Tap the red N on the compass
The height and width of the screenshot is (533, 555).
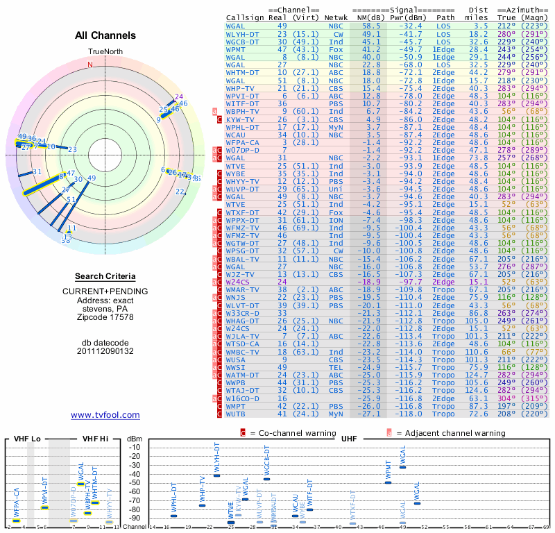[89, 65]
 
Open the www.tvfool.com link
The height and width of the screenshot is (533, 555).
[105, 415]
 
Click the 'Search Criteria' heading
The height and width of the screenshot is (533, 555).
[105, 276]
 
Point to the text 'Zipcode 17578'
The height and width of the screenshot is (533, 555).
[105, 317]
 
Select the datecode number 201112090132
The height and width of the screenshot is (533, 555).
[105, 351]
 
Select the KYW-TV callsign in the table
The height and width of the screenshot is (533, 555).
[241, 119]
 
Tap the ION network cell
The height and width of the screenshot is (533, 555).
[338, 220]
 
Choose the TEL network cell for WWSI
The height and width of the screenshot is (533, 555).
[338, 366]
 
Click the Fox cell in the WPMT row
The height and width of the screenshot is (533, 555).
[338, 49]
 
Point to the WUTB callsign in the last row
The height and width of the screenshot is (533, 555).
[239, 414]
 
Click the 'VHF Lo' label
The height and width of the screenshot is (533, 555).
[27, 439]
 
